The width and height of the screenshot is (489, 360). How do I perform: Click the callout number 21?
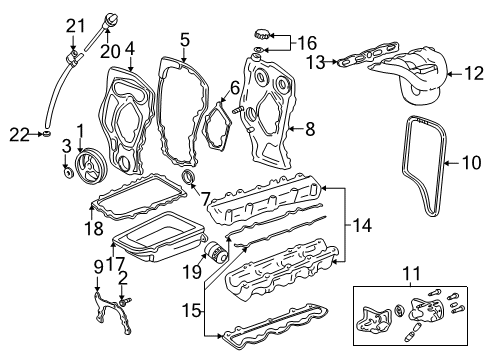click(x=73, y=25)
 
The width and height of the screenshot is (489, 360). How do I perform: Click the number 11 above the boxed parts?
click(x=410, y=273)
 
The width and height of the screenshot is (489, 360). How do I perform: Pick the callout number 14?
click(x=363, y=226)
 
